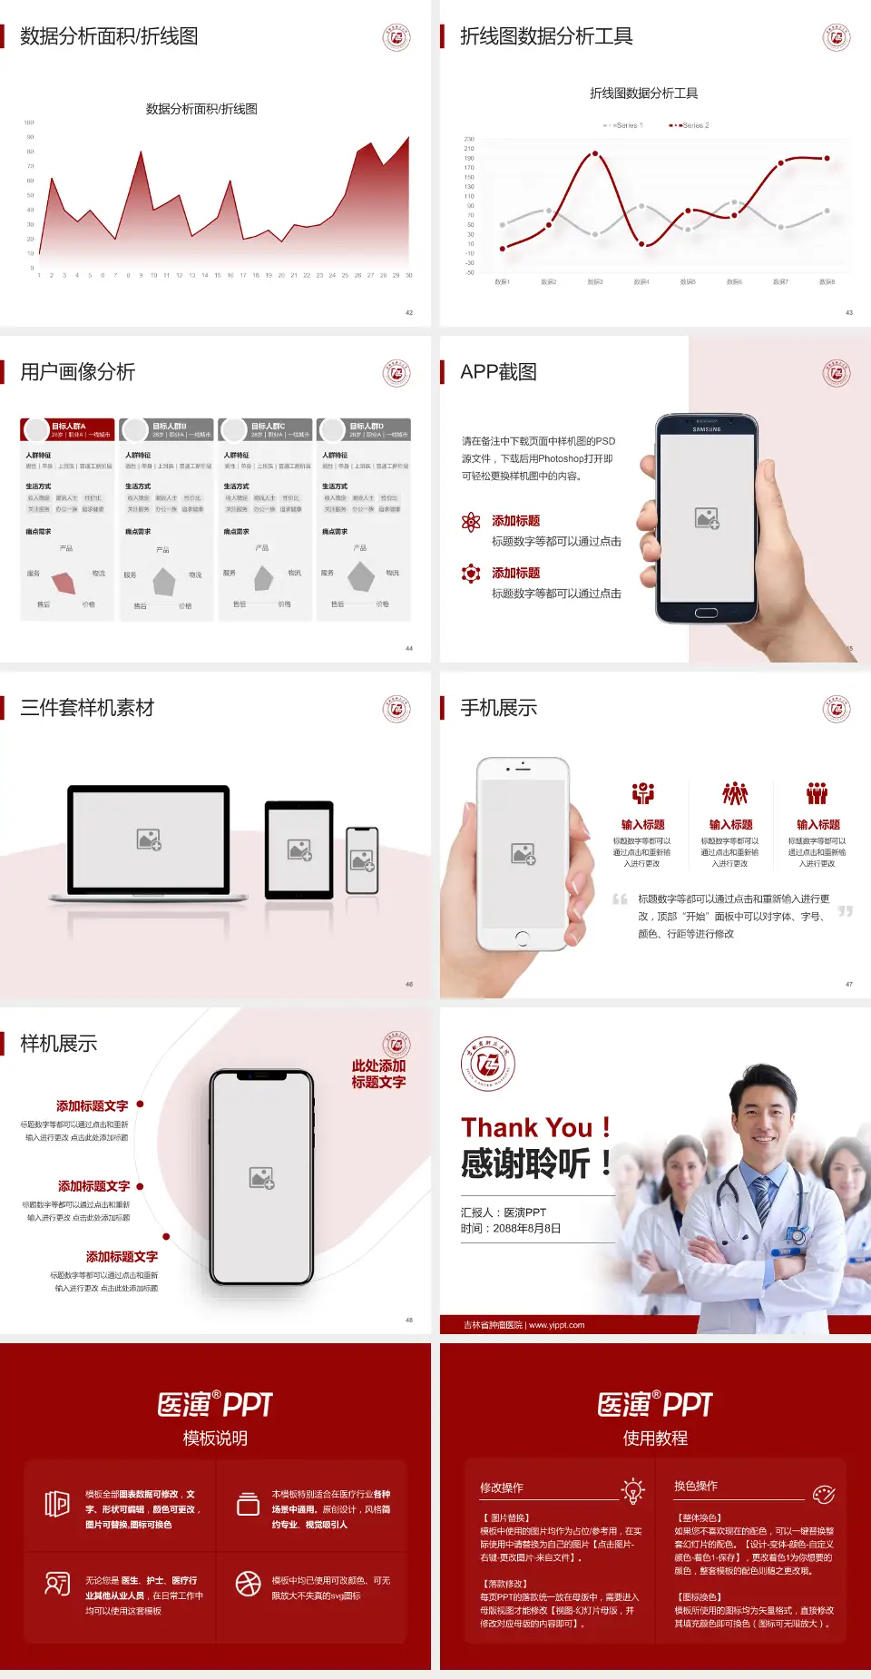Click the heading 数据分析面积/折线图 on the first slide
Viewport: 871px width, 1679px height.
pos(109,36)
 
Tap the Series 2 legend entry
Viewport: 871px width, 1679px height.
pos(691,125)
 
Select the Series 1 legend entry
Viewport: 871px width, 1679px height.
pos(624,125)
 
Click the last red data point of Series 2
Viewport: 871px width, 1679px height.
pos(827,158)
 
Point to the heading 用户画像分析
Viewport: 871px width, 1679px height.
pos(78,372)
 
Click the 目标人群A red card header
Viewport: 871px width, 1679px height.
pos(68,429)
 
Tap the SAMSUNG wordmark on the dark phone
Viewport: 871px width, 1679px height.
pos(707,429)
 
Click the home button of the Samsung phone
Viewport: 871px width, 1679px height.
pos(707,613)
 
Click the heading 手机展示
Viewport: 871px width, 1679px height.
pos(499,708)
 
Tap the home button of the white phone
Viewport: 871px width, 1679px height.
pos(523,938)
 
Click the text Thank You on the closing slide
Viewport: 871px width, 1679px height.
pos(526,1127)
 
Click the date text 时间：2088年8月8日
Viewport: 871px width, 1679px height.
pos(511,1229)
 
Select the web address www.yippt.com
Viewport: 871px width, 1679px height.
pos(556,1325)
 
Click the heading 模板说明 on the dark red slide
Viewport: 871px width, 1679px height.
pos(215,1438)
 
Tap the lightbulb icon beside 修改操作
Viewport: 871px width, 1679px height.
pos(632,1490)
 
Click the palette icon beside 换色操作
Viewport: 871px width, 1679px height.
pos(824,1494)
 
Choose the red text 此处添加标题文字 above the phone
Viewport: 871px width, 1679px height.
pos(378,1074)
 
